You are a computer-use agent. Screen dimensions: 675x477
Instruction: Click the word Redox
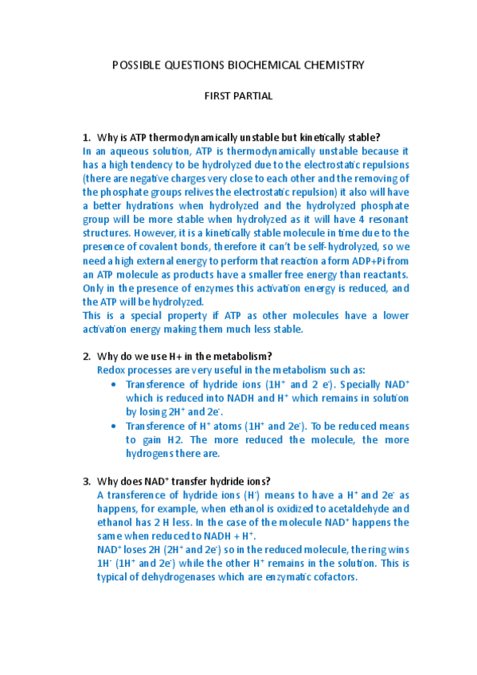coord(110,370)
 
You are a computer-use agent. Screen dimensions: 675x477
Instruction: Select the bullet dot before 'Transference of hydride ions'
coord(117,384)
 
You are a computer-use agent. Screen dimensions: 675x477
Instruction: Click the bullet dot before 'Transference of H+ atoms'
coord(117,426)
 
